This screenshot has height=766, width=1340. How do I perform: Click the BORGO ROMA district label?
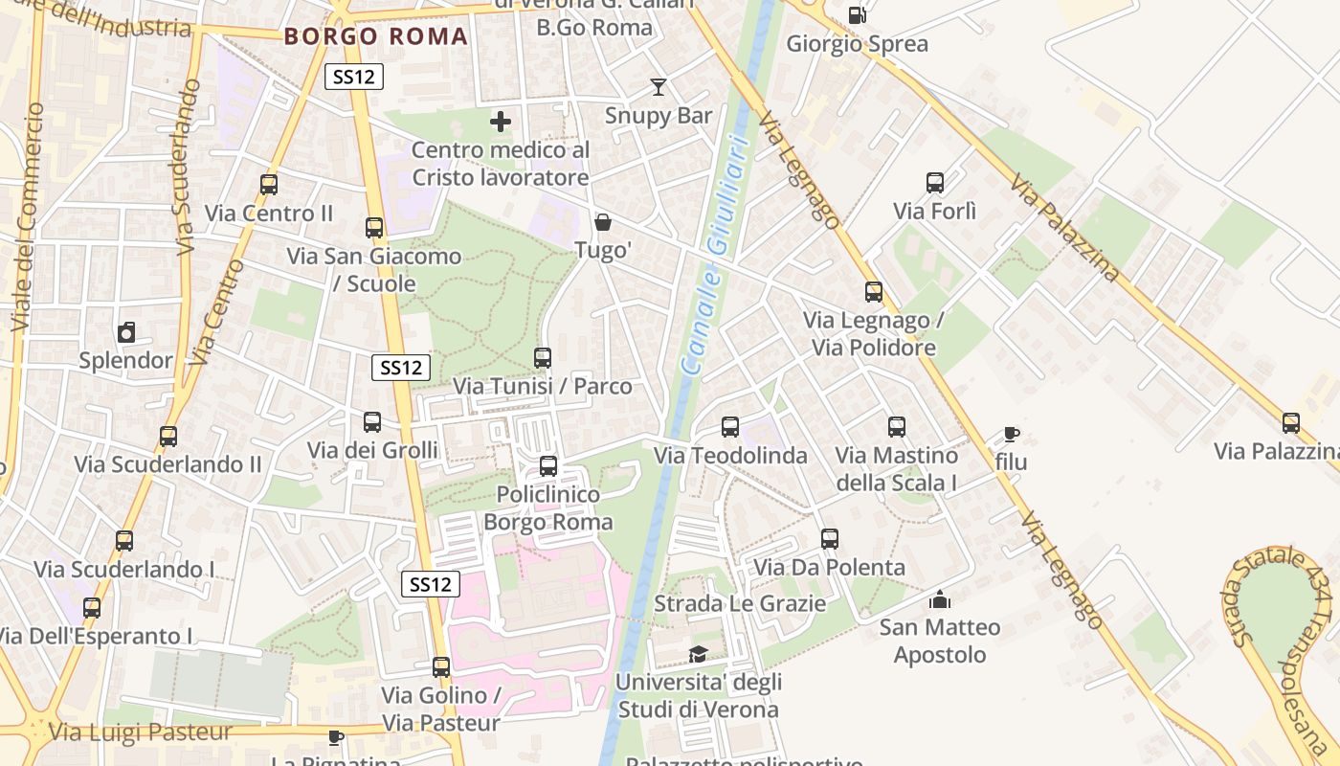tap(376, 37)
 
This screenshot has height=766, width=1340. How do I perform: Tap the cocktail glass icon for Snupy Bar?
tap(658, 87)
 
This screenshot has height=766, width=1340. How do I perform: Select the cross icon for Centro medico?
tap(501, 122)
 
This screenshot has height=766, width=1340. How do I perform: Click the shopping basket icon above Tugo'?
tap(603, 223)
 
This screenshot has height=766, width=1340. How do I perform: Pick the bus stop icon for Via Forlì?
tap(935, 183)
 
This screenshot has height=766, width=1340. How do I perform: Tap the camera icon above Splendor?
tap(126, 333)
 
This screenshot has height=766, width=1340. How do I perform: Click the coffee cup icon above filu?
tap(1011, 435)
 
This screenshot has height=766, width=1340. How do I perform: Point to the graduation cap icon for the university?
tap(699, 655)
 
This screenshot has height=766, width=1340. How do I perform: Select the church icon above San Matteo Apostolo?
tap(940, 599)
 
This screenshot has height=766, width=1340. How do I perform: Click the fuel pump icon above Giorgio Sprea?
tap(858, 14)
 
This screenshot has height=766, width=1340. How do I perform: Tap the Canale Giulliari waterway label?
tap(712, 254)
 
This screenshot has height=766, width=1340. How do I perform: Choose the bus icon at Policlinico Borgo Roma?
tap(548, 466)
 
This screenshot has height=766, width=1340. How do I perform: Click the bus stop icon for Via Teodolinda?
tap(730, 427)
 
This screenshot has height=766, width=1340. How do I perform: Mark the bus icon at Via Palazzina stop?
tap(1291, 422)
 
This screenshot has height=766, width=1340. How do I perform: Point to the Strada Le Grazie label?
tap(739, 603)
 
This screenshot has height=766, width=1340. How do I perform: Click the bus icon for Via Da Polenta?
tap(830, 539)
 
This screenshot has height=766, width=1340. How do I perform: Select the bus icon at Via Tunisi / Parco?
tap(543, 358)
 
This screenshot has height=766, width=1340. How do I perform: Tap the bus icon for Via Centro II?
tap(269, 185)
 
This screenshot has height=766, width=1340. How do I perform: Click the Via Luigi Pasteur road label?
tap(141, 732)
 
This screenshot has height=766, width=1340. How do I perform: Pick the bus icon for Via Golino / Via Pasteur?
tap(441, 667)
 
